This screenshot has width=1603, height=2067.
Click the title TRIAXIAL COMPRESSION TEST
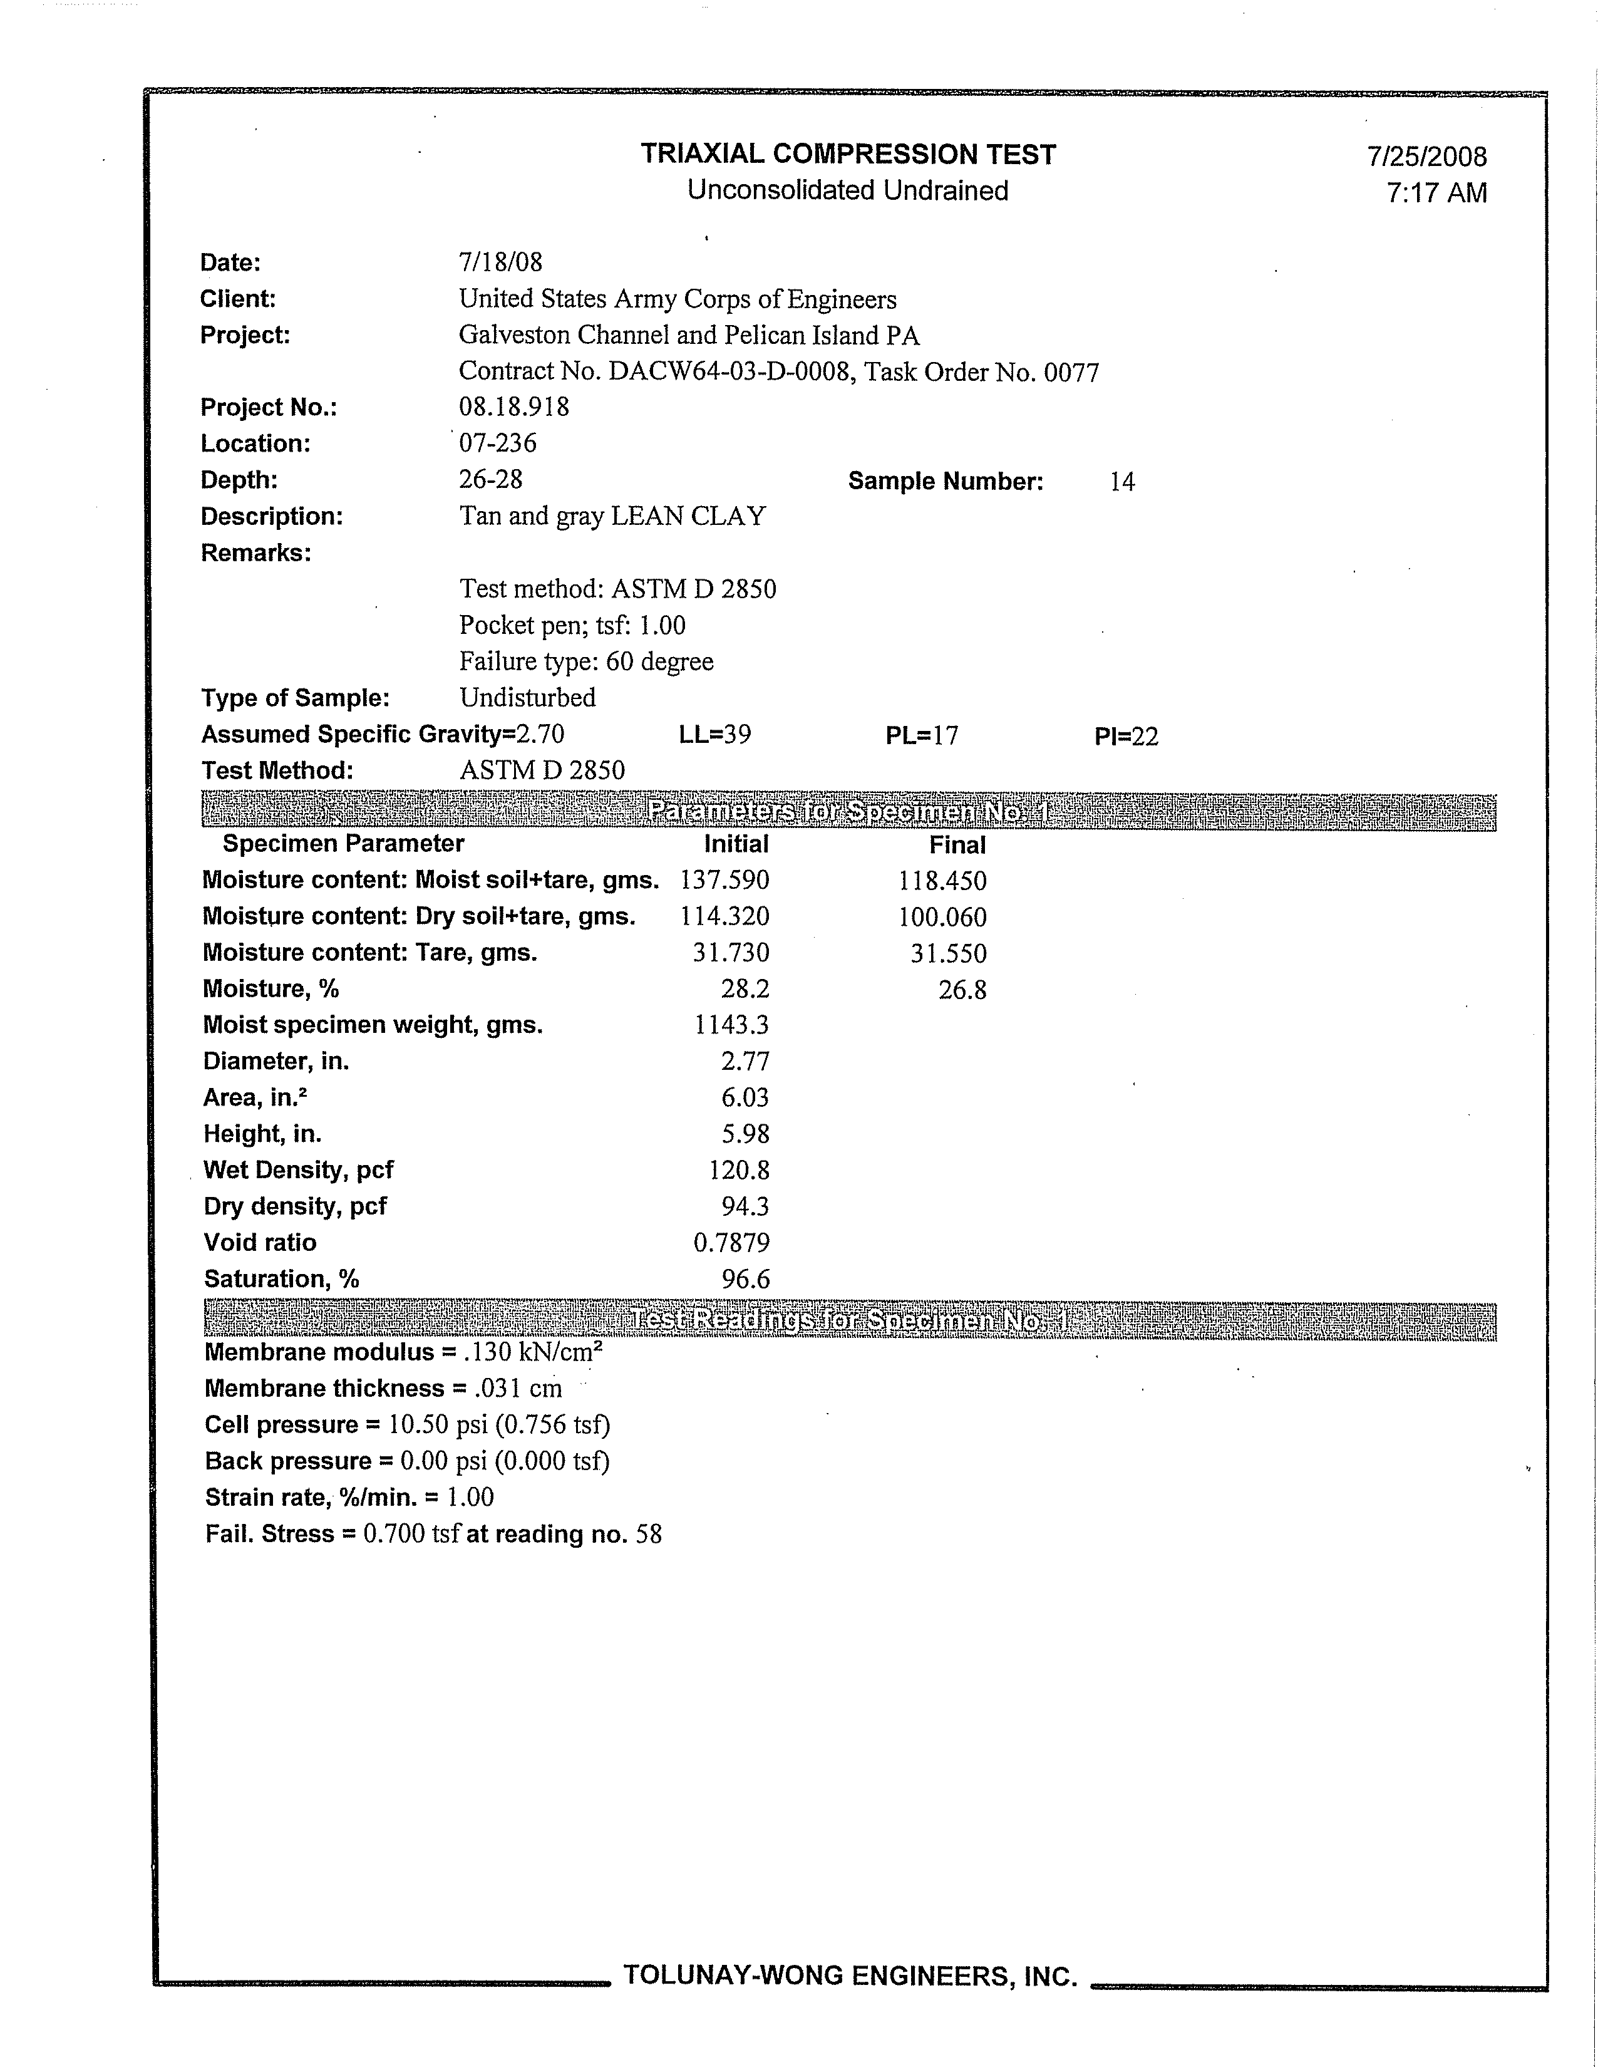click(847, 154)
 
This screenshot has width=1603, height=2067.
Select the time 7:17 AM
click(1436, 193)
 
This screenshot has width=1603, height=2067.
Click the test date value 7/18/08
click(500, 262)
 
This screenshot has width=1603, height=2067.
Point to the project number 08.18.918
click(514, 407)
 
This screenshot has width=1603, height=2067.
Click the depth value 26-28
click(490, 479)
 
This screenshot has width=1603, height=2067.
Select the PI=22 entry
click(1125, 737)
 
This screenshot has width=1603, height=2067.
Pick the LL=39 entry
click(714, 735)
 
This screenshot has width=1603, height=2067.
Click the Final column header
click(957, 845)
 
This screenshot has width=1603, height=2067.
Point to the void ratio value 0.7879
click(731, 1243)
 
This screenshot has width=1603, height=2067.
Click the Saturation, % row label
click(281, 1280)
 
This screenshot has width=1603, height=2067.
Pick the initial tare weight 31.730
click(731, 953)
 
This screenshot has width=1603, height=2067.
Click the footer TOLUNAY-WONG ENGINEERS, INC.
click(850, 1976)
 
